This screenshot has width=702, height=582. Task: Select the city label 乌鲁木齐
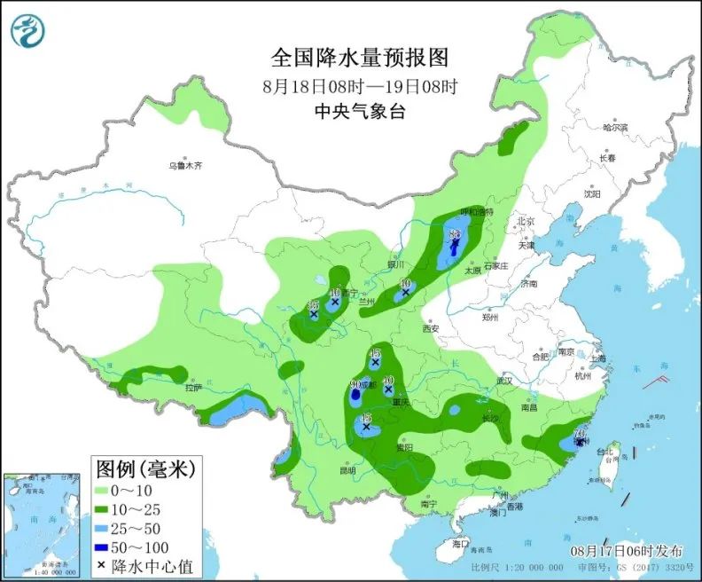pyautogui.click(x=186, y=165)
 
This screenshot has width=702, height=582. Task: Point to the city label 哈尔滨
pyautogui.click(x=614, y=128)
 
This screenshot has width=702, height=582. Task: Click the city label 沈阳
pyautogui.click(x=592, y=193)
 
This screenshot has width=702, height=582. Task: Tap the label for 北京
pyautogui.click(x=526, y=221)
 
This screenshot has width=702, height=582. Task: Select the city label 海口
pyautogui.click(x=458, y=542)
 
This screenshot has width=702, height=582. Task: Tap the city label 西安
pyautogui.click(x=432, y=328)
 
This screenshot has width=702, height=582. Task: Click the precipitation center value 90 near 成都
pyautogui.click(x=356, y=385)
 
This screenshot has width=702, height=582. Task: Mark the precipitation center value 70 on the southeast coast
pyautogui.click(x=580, y=435)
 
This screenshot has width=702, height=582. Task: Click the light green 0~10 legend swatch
pyautogui.click(x=109, y=490)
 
